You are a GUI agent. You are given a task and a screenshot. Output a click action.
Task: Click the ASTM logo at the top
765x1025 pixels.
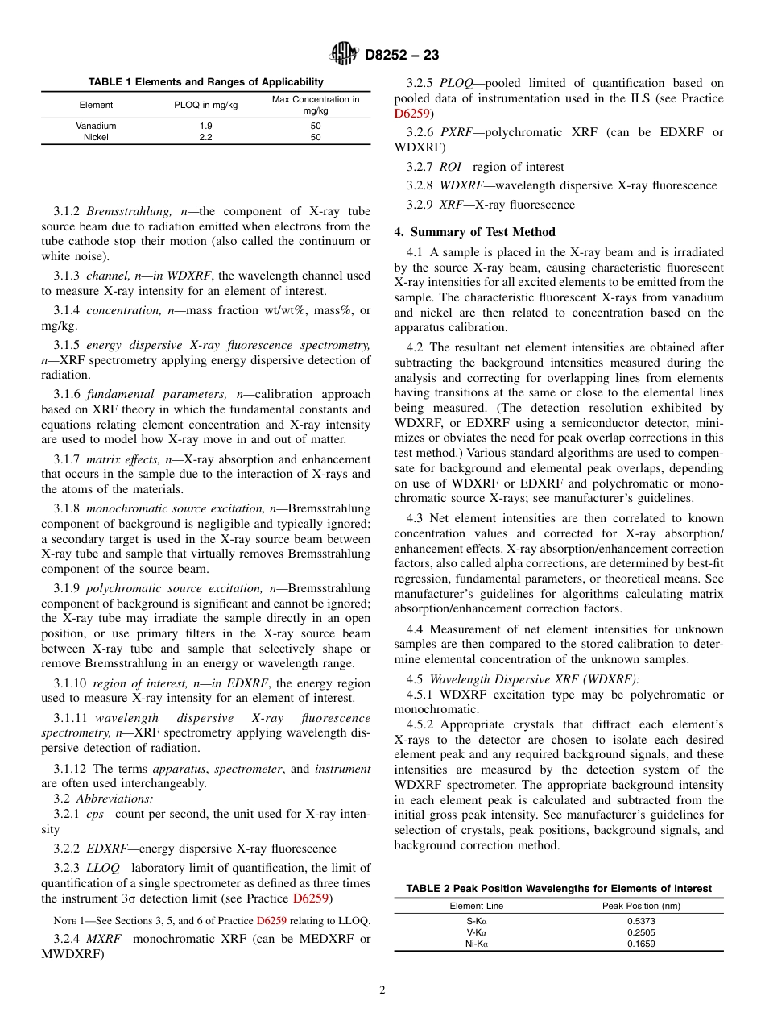pos(345,55)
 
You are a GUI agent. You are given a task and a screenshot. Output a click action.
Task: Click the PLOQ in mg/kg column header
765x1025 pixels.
pos(205,105)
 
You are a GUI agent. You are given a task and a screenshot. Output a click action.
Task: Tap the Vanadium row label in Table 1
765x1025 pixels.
pos(96,126)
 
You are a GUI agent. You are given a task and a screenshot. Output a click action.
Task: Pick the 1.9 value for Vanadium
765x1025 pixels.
pos(205,126)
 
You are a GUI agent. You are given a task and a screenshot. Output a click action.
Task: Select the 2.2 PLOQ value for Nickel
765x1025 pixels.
pos(205,137)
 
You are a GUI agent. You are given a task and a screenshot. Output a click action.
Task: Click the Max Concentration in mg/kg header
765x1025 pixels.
pos(316,105)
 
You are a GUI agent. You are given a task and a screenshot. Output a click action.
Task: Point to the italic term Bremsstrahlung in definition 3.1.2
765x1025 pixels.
pos(118,212)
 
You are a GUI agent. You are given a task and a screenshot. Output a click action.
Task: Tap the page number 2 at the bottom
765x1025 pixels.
pos(382,990)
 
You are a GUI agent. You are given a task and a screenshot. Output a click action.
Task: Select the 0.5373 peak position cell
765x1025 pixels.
pos(641,920)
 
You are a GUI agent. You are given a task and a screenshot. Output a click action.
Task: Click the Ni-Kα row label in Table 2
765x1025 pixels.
pos(476,944)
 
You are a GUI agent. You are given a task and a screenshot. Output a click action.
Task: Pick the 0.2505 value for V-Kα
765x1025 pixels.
pos(641,932)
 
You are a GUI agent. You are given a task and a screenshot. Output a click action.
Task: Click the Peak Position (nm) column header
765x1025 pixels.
pos(641,906)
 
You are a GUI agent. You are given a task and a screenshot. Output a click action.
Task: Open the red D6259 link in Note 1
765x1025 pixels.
pos(270,920)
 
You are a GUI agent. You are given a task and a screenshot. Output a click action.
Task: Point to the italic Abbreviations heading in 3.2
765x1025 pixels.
pos(114,799)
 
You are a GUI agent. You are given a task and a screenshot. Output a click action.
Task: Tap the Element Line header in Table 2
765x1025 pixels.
pos(476,906)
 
